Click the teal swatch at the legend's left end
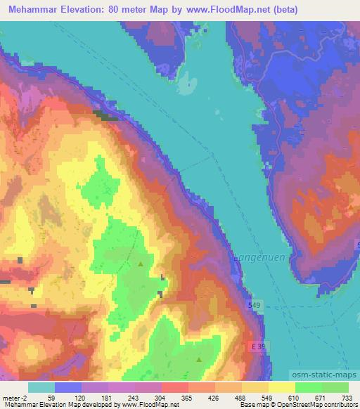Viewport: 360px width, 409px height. click(41, 387)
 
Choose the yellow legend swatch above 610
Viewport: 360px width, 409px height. click(282, 387)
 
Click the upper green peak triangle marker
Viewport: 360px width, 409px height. click(141, 264)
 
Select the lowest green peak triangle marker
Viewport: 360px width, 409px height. click(198, 360)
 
